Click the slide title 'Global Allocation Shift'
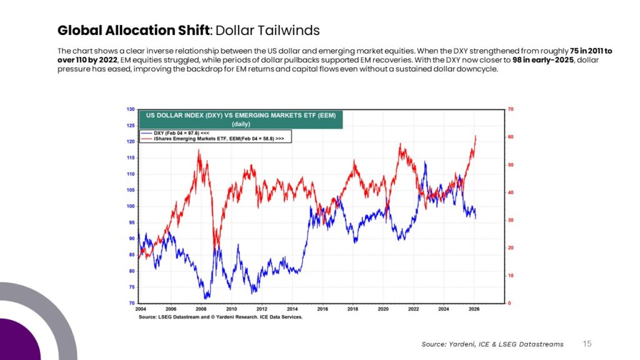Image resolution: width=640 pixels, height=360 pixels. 133,31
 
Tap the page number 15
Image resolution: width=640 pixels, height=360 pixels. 587,344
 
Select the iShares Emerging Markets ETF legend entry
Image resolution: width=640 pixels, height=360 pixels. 212,139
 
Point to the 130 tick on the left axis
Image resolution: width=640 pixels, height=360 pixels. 131,109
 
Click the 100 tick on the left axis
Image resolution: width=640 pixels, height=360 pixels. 131,206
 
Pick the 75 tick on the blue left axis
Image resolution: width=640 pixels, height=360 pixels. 132,287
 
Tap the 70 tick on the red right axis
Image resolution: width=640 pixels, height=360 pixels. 511,109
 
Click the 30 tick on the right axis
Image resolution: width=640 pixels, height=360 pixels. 511,221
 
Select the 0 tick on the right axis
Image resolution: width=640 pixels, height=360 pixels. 509,303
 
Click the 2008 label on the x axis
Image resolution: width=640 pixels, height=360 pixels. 201,309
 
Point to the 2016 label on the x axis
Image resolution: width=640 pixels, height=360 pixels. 322,309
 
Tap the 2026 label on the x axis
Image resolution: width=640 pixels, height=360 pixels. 474,309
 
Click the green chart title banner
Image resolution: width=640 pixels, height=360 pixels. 241,119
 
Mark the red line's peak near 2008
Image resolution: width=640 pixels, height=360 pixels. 199,150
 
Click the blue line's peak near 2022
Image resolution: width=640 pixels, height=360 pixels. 425,162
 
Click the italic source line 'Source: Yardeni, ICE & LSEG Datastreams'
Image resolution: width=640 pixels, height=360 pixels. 492,344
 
